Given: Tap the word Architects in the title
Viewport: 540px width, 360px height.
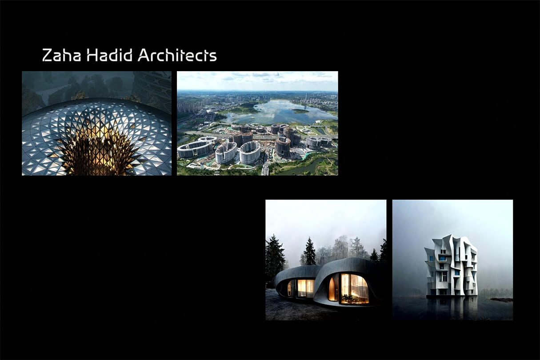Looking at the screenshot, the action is click(177, 55).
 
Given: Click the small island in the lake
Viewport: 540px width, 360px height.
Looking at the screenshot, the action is click(300, 111).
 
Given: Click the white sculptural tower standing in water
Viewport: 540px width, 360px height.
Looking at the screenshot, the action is click(451, 265).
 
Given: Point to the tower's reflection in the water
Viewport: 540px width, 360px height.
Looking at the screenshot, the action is click(451, 306).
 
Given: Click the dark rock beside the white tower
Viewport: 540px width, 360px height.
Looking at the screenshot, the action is click(502, 300).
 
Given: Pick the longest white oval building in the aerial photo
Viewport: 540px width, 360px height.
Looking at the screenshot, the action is click(195, 149).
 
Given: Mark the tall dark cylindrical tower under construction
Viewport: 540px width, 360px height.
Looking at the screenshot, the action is click(283, 146).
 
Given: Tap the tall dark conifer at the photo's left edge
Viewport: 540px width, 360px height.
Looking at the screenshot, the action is click(274, 256).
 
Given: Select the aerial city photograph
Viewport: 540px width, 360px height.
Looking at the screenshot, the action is click(257, 123).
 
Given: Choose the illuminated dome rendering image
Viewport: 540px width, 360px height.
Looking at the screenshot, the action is click(97, 123).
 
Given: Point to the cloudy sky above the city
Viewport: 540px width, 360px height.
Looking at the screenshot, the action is click(257, 81).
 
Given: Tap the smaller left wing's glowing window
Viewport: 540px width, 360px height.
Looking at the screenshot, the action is click(305, 288).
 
